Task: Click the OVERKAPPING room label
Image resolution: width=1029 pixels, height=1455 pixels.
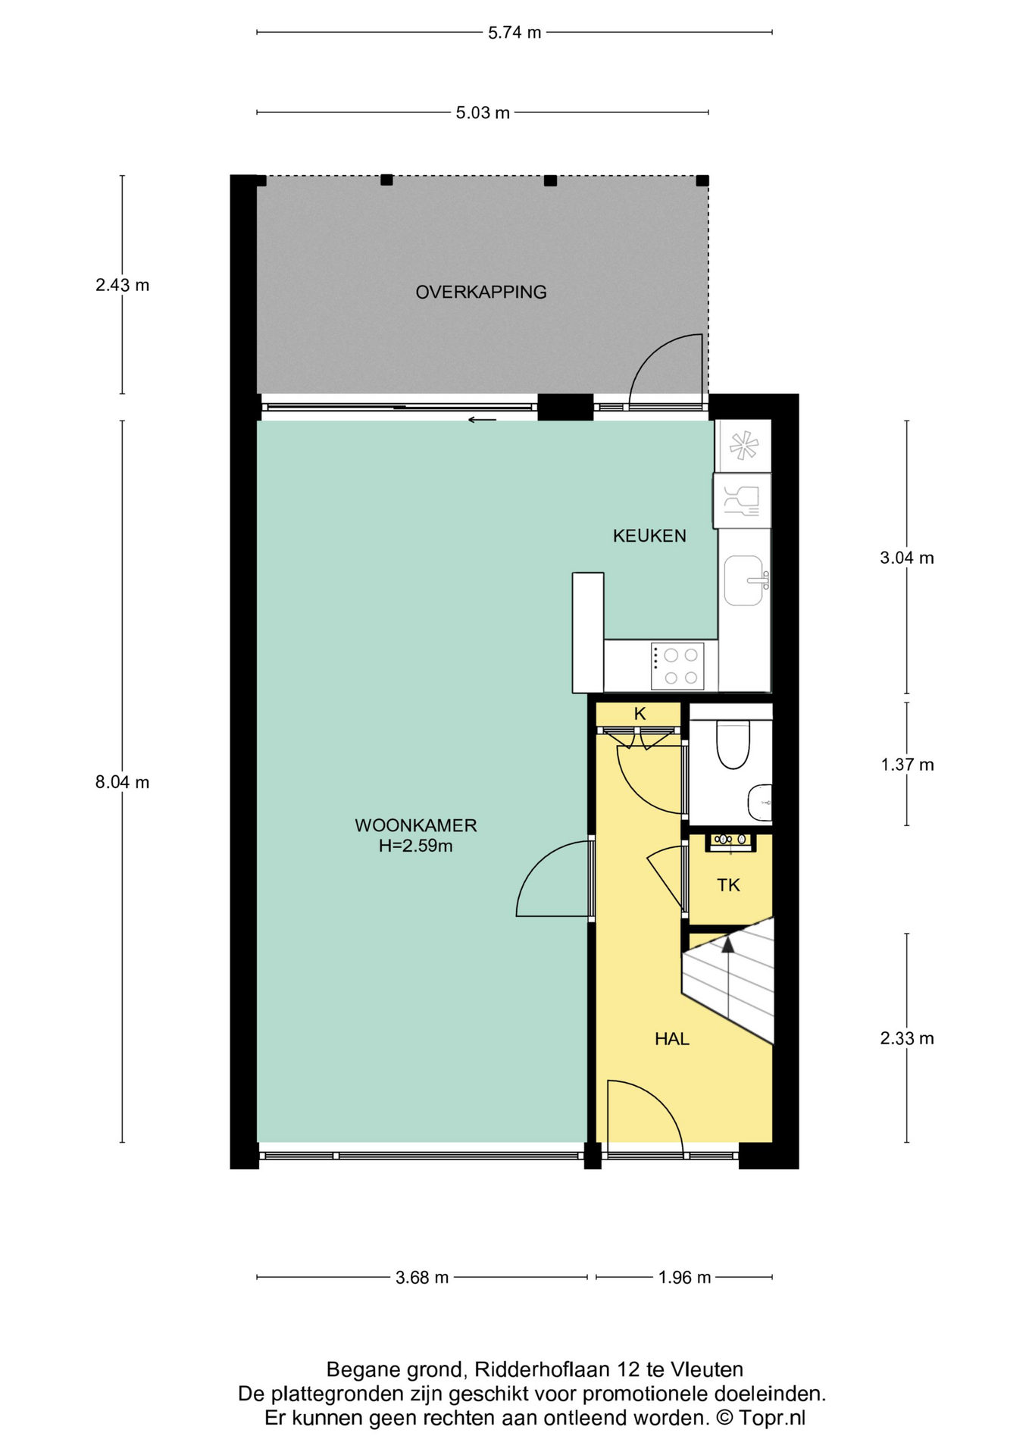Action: (481, 292)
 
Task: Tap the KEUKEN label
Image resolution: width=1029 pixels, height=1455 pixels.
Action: (649, 536)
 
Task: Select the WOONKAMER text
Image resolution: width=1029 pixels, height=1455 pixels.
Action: (416, 825)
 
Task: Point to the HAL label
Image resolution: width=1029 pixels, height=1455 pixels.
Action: (672, 1039)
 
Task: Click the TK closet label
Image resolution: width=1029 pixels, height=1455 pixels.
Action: (728, 885)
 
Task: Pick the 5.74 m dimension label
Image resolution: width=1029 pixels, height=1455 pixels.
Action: (514, 33)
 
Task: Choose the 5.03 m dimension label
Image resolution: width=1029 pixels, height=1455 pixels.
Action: (483, 113)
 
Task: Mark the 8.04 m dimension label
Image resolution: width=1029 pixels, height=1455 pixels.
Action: (122, 782)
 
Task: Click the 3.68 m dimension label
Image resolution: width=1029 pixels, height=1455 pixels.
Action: (422, 1278)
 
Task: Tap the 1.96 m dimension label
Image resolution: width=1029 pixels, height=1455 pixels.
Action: (684, 1278)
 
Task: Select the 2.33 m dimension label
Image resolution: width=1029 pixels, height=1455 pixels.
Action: (907, 1038)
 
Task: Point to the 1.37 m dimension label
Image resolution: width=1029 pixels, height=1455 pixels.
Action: (907, 765)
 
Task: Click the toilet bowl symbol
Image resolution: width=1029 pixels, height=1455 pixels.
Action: (733, 745)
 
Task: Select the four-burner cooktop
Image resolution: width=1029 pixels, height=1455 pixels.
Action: (677, 666)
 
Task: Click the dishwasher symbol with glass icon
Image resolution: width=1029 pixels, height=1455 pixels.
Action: (742, 501)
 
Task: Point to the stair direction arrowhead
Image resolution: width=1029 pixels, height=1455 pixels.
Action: (728, 944)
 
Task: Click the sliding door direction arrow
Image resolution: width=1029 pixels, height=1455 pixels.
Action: (482, 420)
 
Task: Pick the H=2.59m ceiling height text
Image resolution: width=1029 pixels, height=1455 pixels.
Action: (416, 846)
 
